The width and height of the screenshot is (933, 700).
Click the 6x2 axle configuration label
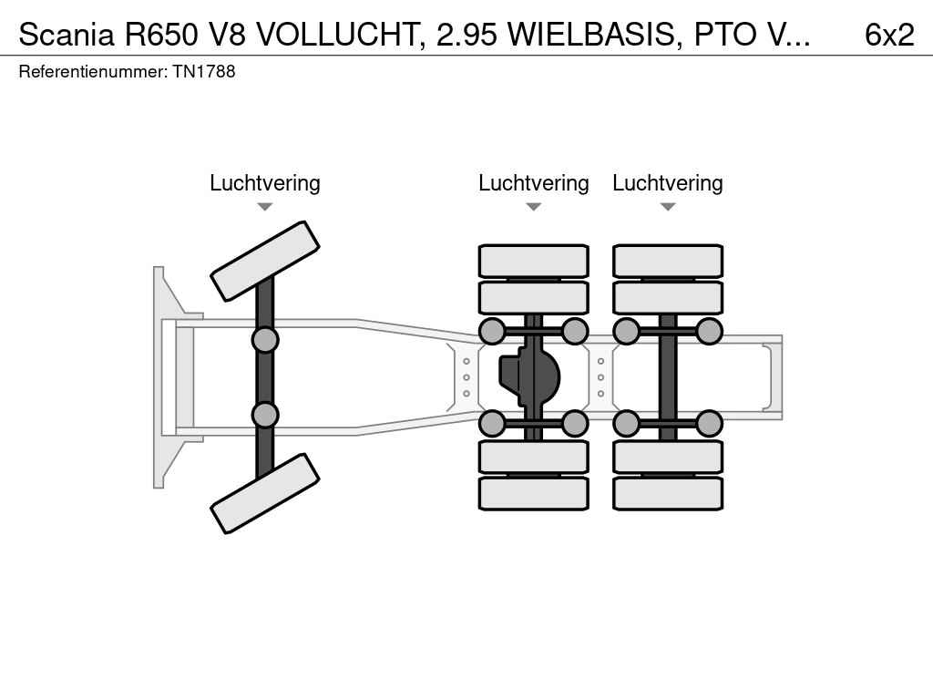click(x=888, y=35)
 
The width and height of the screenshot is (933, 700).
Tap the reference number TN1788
click(x=204, y=71)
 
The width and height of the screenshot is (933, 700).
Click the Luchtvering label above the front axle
click(x=264, y=183)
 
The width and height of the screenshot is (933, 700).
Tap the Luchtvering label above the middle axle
click(x=533, y=183)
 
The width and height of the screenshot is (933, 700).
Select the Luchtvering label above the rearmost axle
click(x=667, y=183)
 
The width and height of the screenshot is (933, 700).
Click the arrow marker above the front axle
click(x=264, y=207)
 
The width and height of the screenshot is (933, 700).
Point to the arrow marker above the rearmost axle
click(x=667, y=207)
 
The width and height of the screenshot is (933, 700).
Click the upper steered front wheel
click(x=264, y=261)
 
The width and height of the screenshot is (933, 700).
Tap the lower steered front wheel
click(x=264, y=493)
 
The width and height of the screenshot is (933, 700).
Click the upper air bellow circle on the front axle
click(x=264, y=340)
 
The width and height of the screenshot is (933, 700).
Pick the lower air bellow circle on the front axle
click(x=264, y=415)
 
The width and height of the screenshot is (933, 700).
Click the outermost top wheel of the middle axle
click(x=533, y=261)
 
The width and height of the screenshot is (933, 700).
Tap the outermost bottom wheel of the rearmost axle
click(x=667, y=493)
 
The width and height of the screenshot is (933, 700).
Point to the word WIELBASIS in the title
click(x=593, y=35)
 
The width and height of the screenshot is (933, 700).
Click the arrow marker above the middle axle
click(x=533, y=207)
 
